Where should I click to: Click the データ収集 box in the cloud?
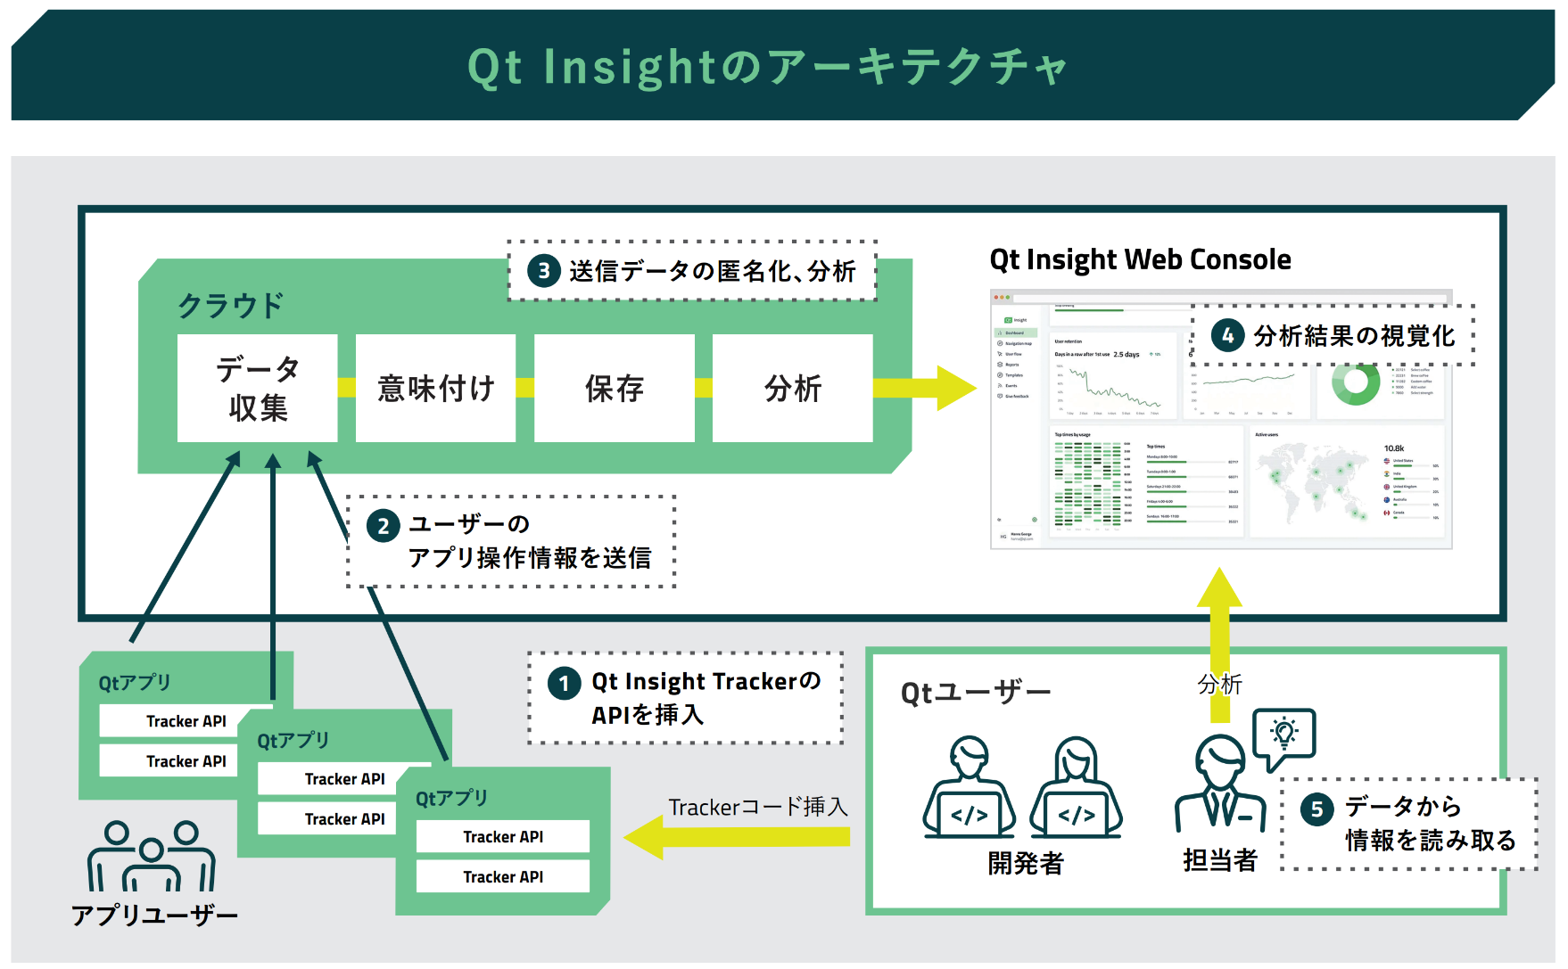click(257, 388)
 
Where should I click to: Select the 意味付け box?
click(435, 388)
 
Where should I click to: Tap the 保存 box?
click(614, 388)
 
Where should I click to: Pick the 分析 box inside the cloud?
click(792, 388)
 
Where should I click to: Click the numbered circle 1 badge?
click(564, 685)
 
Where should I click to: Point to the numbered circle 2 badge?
click(383, 526)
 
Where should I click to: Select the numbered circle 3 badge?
click(543, 270)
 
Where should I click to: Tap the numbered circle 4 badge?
click(1227, 335)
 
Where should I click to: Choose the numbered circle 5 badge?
click(1316, 809)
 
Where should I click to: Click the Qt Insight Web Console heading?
click(1140, 259)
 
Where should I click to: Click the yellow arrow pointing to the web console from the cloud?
click(928, 388)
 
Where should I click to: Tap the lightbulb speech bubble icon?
click(1283, 735)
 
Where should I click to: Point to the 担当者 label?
click(1219, 860)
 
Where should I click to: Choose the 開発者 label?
click(1025, 863)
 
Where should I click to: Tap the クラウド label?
click(230, 306)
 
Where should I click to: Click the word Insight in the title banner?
click(630, 67)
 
